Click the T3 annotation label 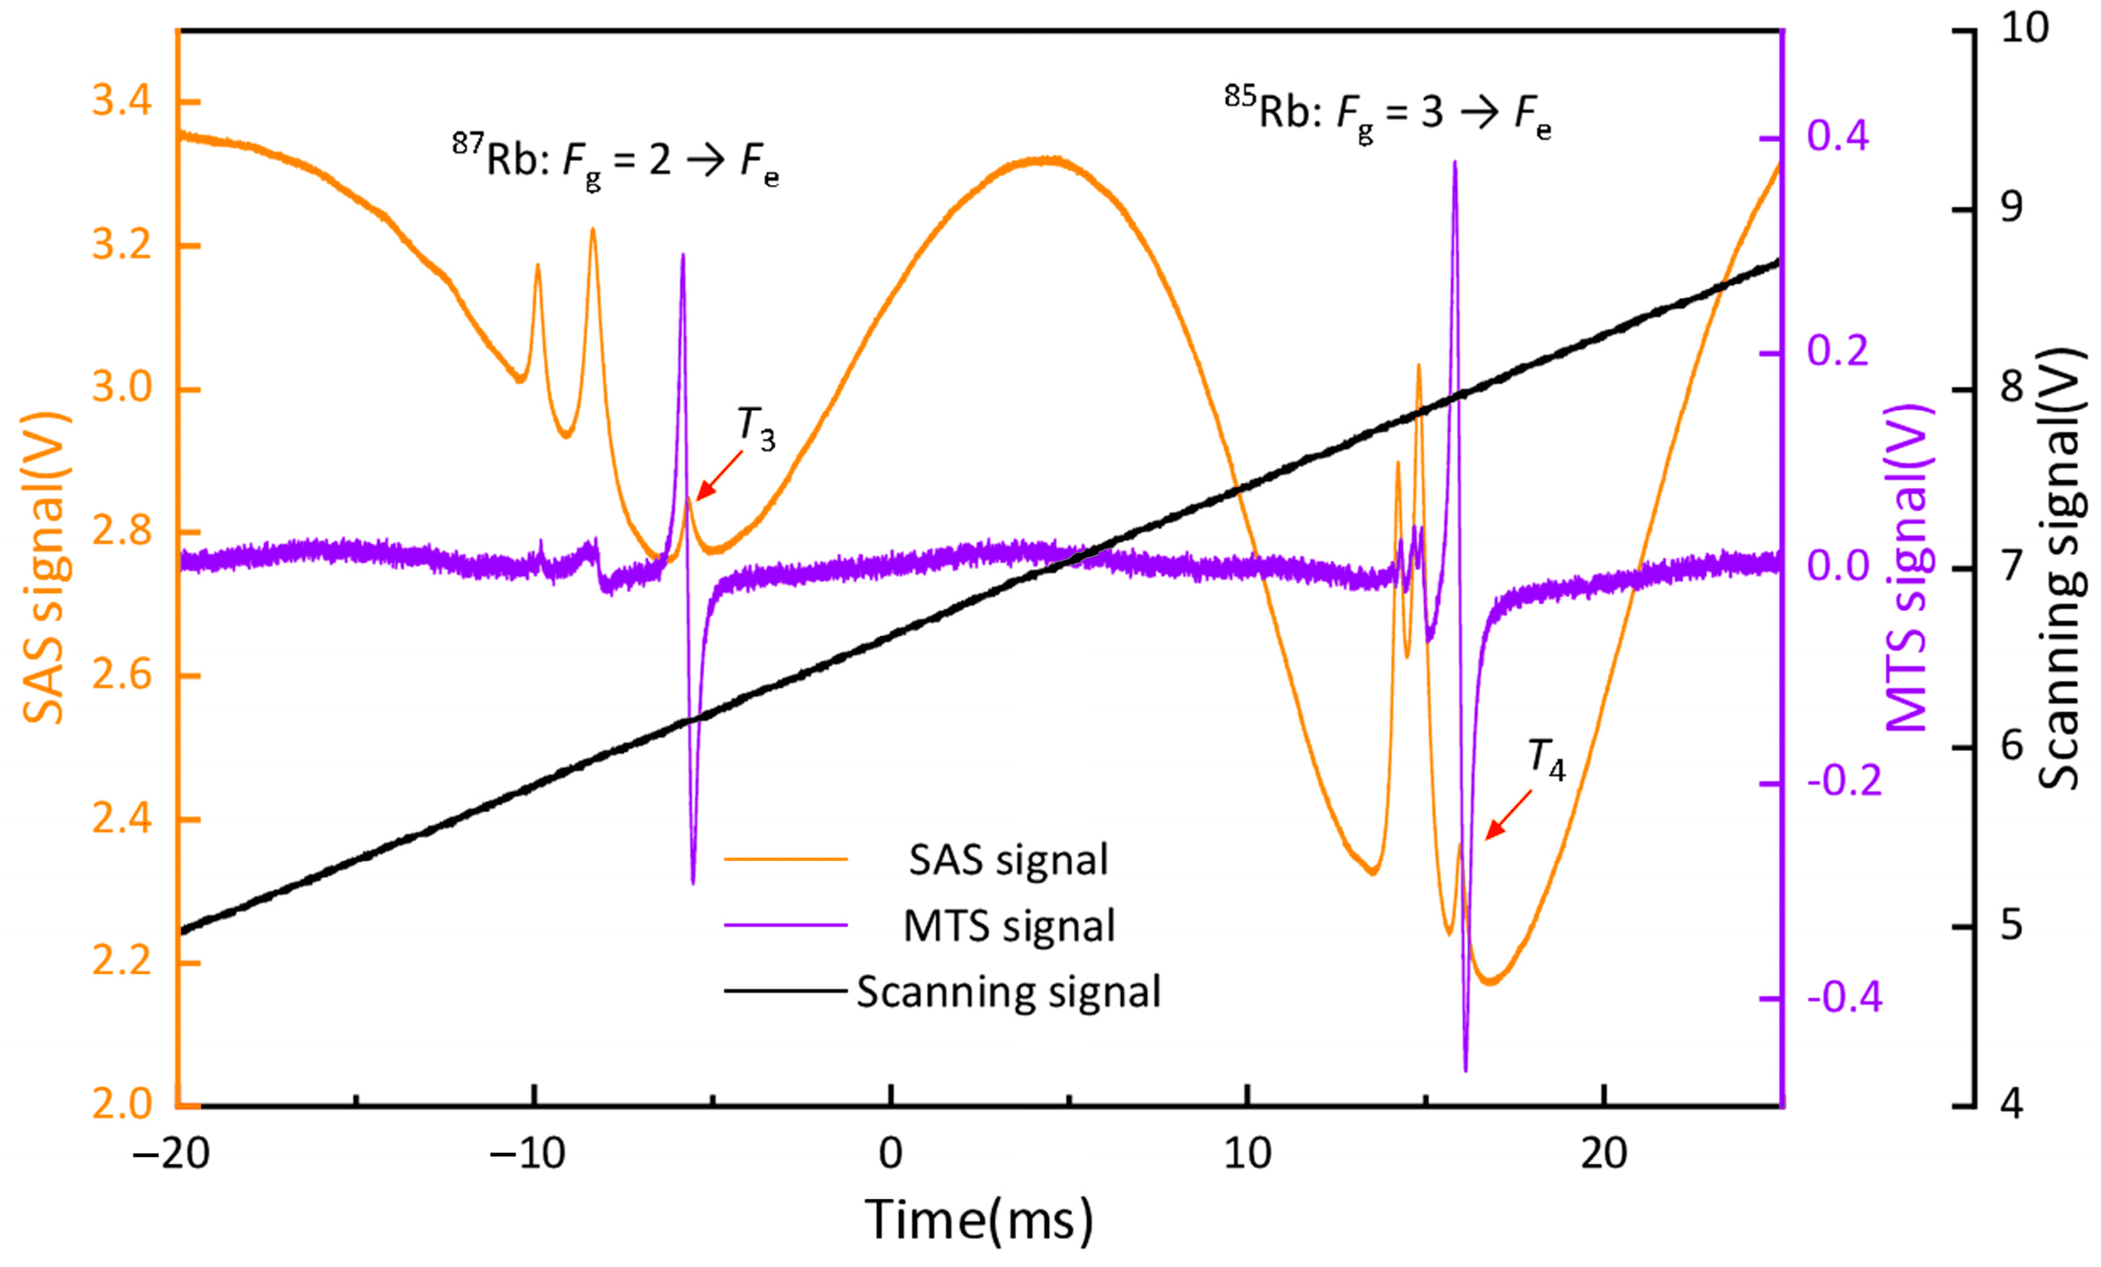[755, 428]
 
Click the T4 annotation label [1546, 759]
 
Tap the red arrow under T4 [1508, 815]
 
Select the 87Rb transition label [616, 160]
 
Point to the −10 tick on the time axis [527, 1155]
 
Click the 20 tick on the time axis [1604, 1155]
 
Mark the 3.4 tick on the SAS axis [122, 102]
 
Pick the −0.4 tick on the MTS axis [1844, 996]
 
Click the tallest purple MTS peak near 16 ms [1454, 162]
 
